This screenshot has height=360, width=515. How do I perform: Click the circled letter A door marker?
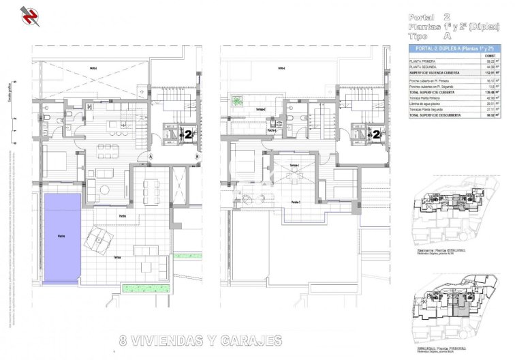(x=149, y=157)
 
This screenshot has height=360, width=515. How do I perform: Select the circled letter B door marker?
(x=197, y=157)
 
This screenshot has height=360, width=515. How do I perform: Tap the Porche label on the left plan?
(x=123, y=216)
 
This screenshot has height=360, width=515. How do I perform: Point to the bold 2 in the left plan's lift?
(x=187, y=134)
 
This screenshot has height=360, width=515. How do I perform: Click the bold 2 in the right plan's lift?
(x=375, y=134)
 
